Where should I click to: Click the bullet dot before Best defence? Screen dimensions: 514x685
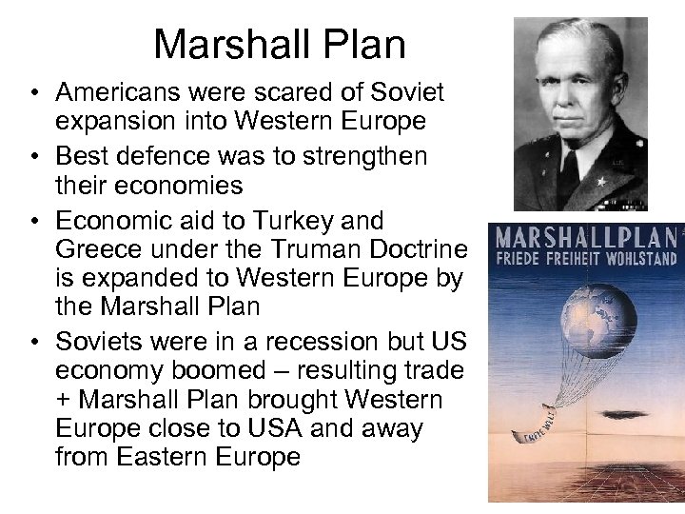click(33, 156)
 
